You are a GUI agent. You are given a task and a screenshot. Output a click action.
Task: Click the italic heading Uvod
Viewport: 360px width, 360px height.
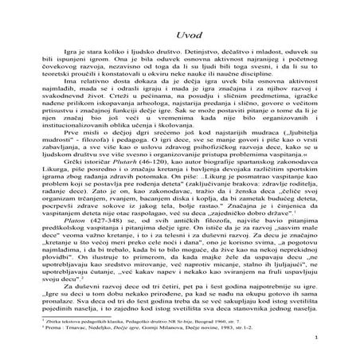[x=179, y=25]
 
